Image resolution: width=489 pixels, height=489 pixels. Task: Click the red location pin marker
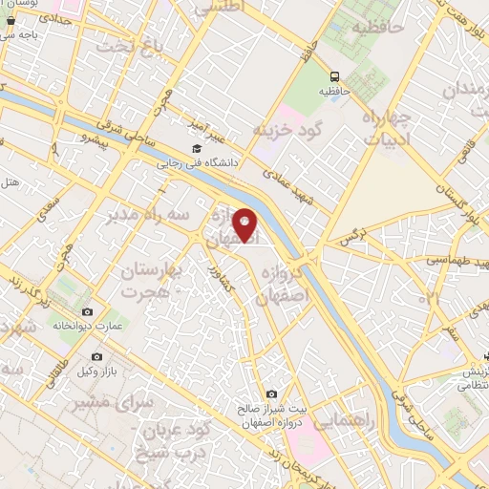(245, 224)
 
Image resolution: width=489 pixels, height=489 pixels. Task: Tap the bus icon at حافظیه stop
(334, 76)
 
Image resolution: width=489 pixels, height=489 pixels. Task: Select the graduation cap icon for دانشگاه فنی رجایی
(197, 149)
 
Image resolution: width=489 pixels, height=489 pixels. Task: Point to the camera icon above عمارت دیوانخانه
(88, 312)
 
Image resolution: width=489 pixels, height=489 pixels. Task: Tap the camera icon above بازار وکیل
(96, 356)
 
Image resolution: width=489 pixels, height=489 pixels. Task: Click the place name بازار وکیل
(96, 371)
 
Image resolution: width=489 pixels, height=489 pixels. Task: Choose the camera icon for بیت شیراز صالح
(271, 394)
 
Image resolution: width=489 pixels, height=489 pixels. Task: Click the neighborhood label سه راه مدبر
(142, 214)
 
